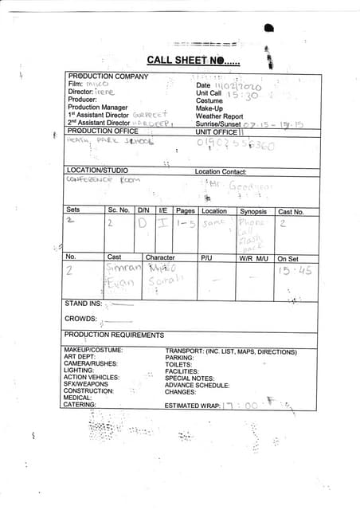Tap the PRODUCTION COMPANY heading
pyautogui.click(x=108, y=76)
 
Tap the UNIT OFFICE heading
pyautogui.click(x=217, y=131)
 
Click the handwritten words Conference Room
pyautogui.click(x=102, y=180)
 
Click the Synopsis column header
pyautogui.click(x=253, y=211)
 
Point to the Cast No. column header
pyautogui.click(x=291, y=212)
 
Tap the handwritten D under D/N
pyautogui.click(x=143, y=226)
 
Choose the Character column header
pyautogui.click(x=160, y=257)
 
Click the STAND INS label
pyautogui.click(x=83, y=304)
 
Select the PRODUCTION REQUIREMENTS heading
pyautogui.click(x=114, y=335)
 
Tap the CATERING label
pyautogui.click(x=80, y=405)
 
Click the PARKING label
pyautogui.click(x=180, y=357)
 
